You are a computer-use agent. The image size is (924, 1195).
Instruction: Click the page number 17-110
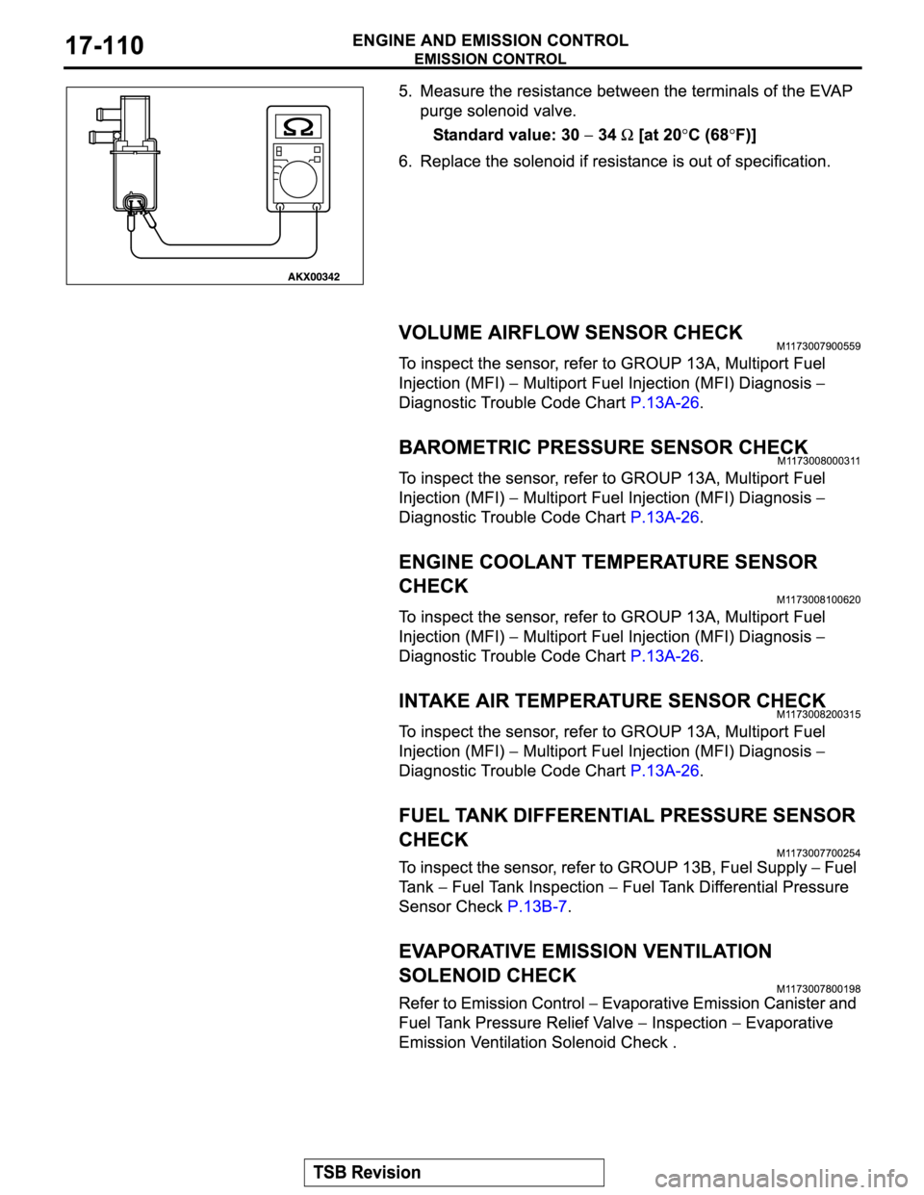105,46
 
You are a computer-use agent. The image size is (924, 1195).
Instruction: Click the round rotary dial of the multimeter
298,179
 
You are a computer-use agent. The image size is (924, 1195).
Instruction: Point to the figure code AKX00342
313,277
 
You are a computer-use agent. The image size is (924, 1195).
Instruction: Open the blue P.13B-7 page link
537,906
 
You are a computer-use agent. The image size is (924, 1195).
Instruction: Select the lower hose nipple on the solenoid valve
99,139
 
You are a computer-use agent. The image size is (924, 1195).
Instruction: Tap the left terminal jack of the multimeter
280,206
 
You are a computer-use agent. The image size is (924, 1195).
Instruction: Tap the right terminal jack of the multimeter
317,206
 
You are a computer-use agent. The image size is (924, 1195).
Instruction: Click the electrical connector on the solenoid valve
136,202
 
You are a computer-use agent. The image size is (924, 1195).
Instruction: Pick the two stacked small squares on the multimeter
317,155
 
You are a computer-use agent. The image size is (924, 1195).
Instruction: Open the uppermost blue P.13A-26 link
664,402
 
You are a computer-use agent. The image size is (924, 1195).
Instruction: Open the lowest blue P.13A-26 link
664,772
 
